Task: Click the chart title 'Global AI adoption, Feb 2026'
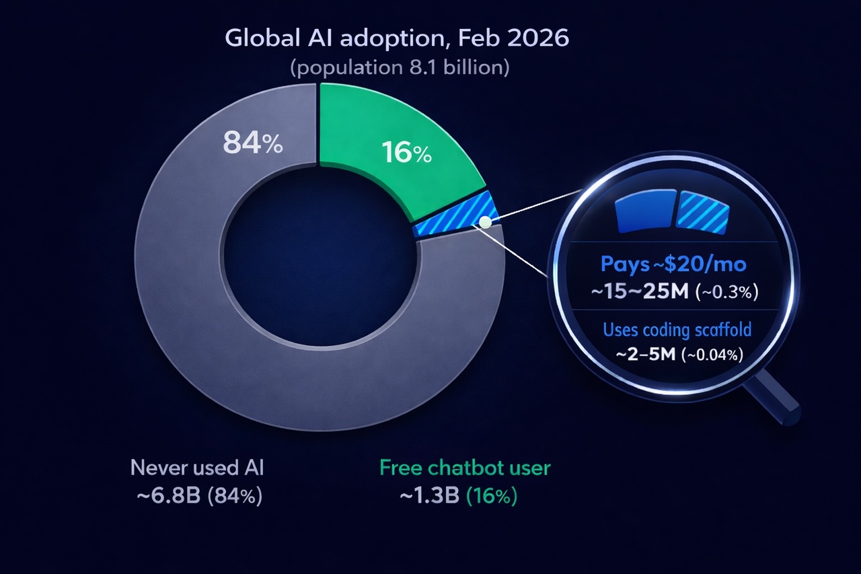397,38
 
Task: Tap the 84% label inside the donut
253,144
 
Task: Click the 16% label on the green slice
406,153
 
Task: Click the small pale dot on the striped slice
484,221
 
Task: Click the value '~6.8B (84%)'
199,497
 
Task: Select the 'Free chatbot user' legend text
465,468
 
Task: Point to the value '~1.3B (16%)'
459,497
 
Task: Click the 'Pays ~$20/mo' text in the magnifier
673,264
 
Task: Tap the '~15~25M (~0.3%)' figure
673,293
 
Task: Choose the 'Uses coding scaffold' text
677,330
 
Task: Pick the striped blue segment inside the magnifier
704,211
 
